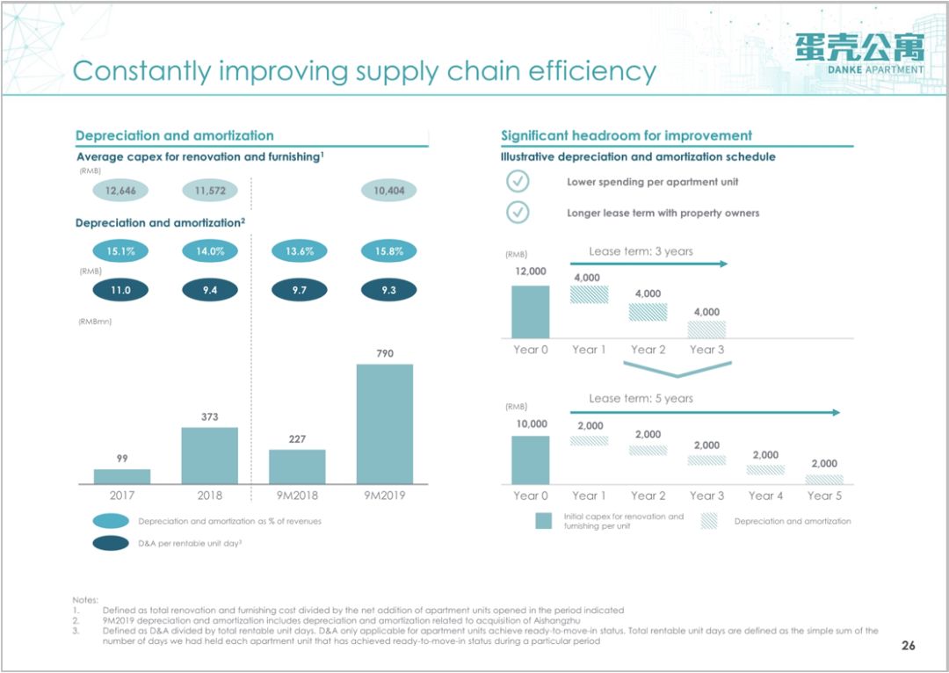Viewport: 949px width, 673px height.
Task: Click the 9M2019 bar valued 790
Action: tap(384, 423)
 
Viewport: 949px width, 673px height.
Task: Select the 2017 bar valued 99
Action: tap(122, 476)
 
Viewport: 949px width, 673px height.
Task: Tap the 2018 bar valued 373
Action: tap(209, 455)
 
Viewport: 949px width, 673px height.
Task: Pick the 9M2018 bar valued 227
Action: tap(297, 467)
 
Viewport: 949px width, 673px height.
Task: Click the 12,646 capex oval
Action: tap(121, 191)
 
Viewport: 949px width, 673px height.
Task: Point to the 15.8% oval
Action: tap(388, 251)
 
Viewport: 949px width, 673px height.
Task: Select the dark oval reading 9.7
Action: tap(300, 290)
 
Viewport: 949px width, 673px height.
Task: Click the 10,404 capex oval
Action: tap(388, 191)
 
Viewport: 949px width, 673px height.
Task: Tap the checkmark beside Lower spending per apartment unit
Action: tap(518, 182)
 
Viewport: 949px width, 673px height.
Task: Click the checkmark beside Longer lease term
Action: tap(518, 213)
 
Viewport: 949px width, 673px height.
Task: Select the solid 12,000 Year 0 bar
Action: tap(530, 312)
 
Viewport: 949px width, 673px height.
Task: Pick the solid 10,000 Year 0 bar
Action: tap(530, 460)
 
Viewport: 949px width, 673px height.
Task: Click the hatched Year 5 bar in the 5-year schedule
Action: tap(824, 480)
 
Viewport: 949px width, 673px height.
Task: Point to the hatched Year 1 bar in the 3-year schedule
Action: tap(589, 294)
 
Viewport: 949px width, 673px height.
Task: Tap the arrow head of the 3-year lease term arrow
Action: tap(723, 264)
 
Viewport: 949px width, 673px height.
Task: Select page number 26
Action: tap(909, 646)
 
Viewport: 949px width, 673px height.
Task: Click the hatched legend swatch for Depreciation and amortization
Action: tap(709, 521)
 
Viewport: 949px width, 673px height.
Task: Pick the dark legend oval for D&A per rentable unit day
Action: tap(114, 543)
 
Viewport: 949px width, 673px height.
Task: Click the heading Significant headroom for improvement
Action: tap(627, 135)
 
